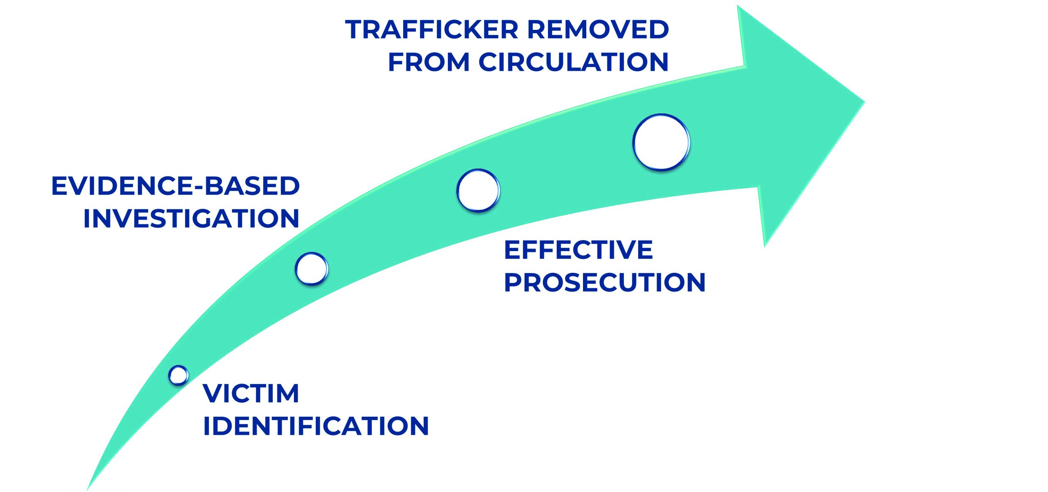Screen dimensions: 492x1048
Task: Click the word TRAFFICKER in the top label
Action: [431, 30]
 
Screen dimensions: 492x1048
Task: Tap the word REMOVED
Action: [598, 30]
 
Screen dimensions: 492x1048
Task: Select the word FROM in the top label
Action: [428, 62]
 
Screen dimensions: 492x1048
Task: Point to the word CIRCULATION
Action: [573, 62]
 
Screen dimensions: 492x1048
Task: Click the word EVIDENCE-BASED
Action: [175, 186]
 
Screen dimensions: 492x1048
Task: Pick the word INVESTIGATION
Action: [191, 218]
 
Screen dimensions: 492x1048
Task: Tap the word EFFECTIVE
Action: [578, 250]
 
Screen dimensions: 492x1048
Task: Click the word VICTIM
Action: [251, 393]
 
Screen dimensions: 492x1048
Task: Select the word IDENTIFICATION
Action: [316, 426]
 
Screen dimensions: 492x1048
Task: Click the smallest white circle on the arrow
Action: [178, 375]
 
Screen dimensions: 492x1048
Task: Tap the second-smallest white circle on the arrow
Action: [312, 269]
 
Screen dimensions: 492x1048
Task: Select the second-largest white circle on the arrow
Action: [478, 191]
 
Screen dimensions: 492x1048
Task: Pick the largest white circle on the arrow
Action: [661, 142]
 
